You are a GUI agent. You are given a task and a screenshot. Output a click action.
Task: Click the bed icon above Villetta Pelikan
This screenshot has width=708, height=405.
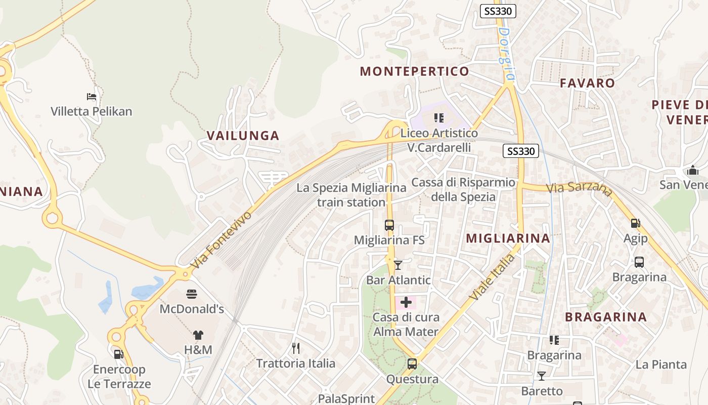pyautogui.click(x=92, y=96)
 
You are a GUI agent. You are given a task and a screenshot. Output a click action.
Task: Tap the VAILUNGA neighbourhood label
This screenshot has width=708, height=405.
pyautogui.click(x=243, y=135)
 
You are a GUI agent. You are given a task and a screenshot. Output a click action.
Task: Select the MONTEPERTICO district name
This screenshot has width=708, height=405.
pyautogui.click(x=414, y=71)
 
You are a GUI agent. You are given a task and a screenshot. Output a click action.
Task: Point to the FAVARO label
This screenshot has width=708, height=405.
pyautogui.click(x=587, y=83)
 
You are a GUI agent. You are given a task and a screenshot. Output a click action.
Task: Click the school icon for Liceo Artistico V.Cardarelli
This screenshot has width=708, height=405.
pyautogui.click(x=439, y=118)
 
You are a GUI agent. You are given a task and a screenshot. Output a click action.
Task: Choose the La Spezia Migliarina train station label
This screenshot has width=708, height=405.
pyautogui.click(x=351, y=195)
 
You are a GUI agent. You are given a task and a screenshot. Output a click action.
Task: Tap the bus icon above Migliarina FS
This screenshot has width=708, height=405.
pyautogui.click(x=389, y=225)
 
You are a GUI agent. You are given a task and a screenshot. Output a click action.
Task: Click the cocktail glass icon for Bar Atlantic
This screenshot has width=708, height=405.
pyautogui.click(x=398, y=265)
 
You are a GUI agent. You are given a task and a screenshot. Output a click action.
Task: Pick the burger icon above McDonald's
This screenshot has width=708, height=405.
pyautogui.click(x=192, y=294)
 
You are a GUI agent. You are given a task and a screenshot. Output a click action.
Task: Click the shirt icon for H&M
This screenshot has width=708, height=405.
pyautogui.click(x=198, y=335)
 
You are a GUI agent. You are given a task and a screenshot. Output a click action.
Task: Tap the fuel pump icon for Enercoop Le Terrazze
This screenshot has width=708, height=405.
pyautogui.click(x=118, y=354)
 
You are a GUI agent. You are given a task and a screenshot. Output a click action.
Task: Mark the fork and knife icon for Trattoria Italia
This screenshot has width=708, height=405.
pyautogui.click(x=296, y=348)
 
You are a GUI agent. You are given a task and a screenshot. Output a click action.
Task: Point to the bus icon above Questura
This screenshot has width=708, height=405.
pyautogui.click(x=412, y=363)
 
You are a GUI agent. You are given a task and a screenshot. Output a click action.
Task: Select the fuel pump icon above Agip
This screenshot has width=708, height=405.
pyautogui.click(x=635, y=223)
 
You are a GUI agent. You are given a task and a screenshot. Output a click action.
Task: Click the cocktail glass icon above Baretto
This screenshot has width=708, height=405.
pyautogui.click(x=542, y=376)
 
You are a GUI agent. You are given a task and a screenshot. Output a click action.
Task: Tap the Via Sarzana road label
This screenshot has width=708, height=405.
pyautogui.click(x=580, y=188)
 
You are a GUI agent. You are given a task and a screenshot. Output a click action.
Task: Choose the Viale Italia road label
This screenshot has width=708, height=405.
pyautogui.click(x=492, y=277)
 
